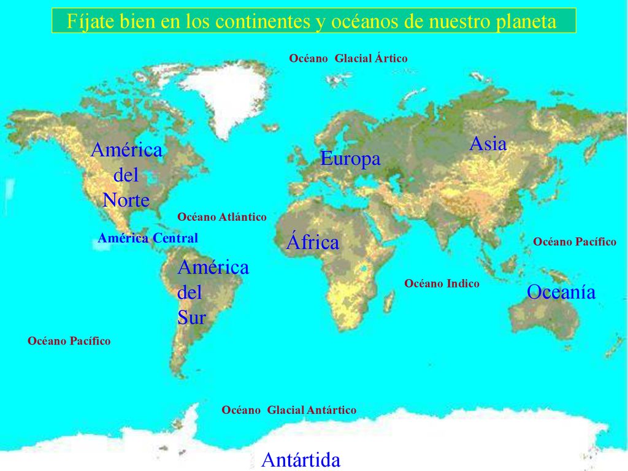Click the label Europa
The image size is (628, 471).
point(350,159)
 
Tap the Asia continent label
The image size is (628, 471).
point(488,144)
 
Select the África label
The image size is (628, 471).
point(313,242)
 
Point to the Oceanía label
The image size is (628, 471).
point(561,292)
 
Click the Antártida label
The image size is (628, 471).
point(301,459)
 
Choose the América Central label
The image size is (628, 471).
point(148,238)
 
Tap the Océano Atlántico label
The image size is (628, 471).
point(222,217)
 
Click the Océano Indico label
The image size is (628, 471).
point(442,283)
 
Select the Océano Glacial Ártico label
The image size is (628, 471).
point(348,58)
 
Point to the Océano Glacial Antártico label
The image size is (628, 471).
point(289,410)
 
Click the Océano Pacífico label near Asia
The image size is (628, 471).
point(575,242)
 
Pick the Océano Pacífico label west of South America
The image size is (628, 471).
point(69,341)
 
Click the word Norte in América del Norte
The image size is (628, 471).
point(126,200)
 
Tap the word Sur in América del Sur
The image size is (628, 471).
point(191,317)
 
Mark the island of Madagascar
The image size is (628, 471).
point(389,301)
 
